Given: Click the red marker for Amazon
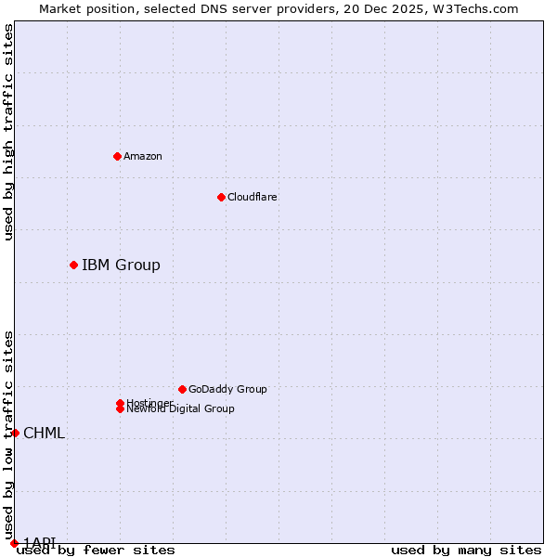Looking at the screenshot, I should coord(117,156).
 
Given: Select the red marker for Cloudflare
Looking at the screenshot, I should coord(221,197).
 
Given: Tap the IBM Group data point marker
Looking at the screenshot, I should coord(73,265).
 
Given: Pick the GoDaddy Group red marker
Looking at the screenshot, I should coord(182,389).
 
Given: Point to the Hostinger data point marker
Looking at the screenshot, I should coord(120,403).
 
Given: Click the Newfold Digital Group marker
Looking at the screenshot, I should coord(120,408).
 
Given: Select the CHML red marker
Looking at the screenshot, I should coord(15,433).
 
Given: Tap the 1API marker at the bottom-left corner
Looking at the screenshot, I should coord(14,543).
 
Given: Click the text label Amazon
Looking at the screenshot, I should coord(142,156).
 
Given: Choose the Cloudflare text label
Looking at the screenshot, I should coord(252,197).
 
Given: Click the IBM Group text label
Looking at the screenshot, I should coord(121,266).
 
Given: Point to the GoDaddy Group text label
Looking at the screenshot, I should coord(227,389).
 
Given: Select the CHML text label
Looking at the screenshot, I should coord(44,434).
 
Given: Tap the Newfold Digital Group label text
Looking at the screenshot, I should coord(181,409).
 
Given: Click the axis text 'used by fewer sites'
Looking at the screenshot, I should coord(96,551).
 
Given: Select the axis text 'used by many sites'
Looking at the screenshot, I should coord(466,551).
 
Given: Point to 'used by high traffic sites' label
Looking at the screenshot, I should coord(8,132).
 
